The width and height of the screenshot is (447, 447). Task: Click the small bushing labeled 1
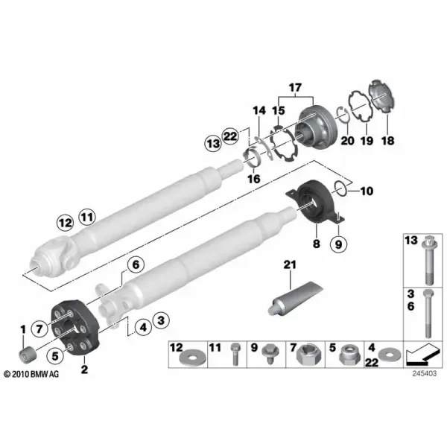(x=28, y=354)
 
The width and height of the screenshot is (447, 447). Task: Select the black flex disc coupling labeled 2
(x=75, y=328)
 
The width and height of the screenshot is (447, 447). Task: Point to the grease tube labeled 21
(x=296, y=297)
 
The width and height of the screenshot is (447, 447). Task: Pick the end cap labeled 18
(x=383, y=96)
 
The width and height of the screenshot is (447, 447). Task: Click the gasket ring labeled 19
(x=361, y=106)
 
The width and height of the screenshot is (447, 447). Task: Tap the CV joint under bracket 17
(x=316, y=126)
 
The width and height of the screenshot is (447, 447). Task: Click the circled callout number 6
(x=136, y=264)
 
